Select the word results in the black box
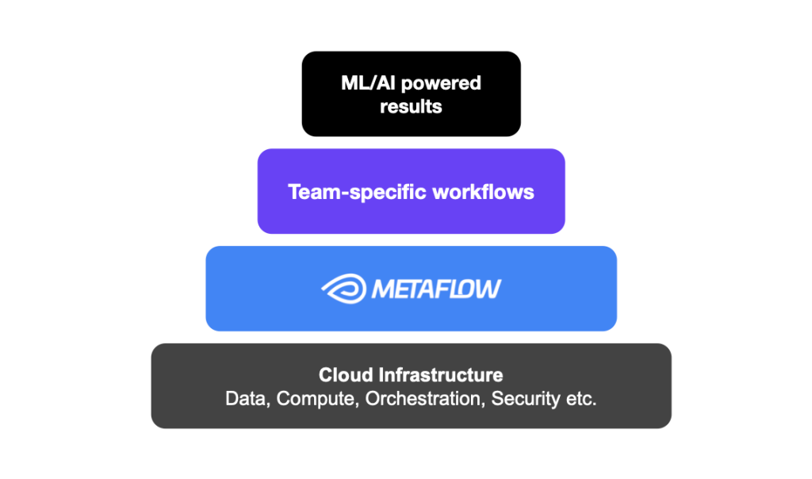[x=411, y=105]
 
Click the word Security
[x=523, y=398]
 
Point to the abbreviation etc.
[x=579, y=399]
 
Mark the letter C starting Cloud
[x=325, y=375]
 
